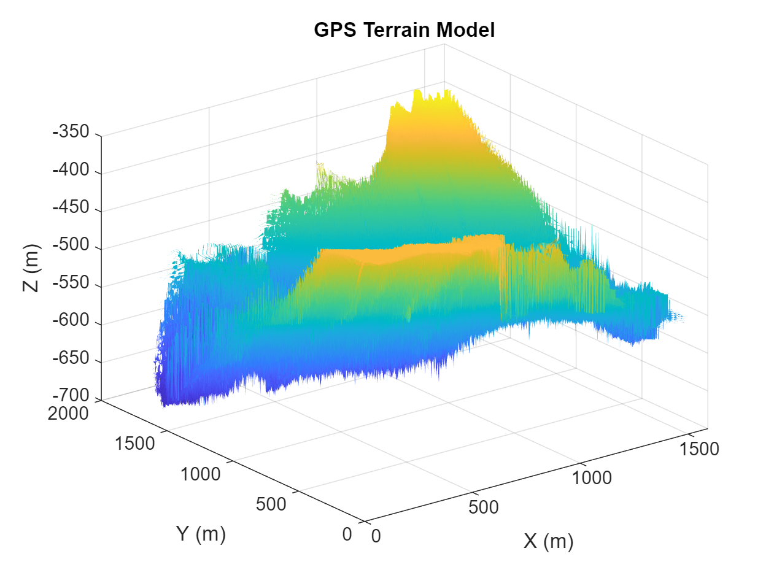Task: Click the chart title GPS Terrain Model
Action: point(404,29)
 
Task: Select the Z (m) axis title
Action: point(31,268)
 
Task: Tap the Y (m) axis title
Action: point(201,534)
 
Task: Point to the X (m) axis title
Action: point(548,541)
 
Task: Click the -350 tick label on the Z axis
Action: point(71,132)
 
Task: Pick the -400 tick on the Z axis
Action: point(71,169)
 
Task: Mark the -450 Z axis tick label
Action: point(71,207)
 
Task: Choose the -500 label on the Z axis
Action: point(71,245)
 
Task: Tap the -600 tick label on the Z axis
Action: point(71,320)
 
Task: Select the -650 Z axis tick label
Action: point(71,358)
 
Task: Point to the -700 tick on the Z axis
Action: point(71,395)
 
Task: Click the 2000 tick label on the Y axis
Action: point(68,414)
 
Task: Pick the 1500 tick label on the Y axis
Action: point(134,443)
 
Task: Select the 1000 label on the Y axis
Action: point(200,474)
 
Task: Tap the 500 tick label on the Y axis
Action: point(271,504)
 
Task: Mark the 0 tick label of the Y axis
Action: point(347,534)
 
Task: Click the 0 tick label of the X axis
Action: point(376,536)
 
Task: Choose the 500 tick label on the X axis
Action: point(483,507)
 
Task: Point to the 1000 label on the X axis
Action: point(592,477)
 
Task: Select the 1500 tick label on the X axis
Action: point(699,449)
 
